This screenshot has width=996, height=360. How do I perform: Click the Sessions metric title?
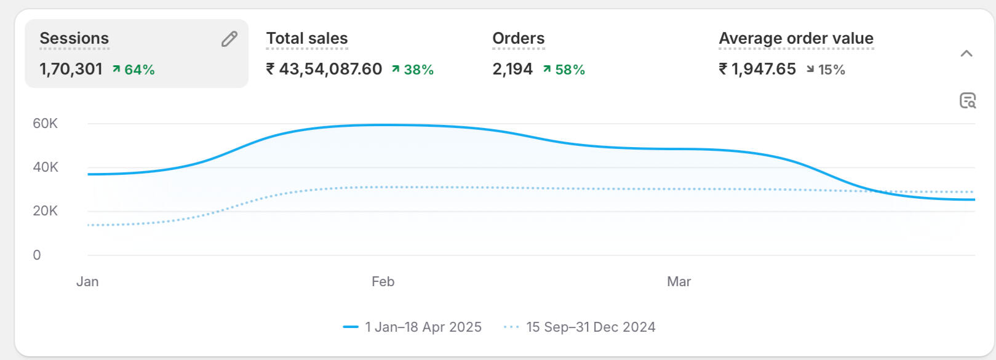point(74,38)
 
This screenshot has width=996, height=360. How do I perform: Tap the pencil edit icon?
point(229,39)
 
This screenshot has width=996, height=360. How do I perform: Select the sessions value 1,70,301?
point(71,69)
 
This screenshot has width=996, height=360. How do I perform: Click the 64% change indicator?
point(133,70)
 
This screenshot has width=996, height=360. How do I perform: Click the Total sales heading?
point(306,38)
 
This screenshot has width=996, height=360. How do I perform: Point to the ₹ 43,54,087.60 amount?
point(324,69)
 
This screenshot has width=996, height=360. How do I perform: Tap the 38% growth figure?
point(413,70)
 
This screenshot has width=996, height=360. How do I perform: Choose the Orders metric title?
point(518,38)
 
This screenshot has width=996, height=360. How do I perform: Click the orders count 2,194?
point(512,69)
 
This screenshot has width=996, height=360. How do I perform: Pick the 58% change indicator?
point(564,70)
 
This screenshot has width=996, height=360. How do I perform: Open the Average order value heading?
point(795,38)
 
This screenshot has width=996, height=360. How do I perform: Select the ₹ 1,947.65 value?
point(757,69)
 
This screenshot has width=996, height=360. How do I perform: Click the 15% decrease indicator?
point(826,70)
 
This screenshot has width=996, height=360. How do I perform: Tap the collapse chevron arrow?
point(966,54)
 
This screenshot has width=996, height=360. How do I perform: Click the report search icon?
point(968,100)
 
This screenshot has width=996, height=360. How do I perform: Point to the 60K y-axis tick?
point(45,124)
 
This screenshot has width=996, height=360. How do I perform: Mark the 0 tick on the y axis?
point(37,255)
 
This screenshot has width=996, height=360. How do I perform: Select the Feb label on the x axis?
point(383,282)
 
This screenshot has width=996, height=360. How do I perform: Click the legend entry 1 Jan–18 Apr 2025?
point(413,327)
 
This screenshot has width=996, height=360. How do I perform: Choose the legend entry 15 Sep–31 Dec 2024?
point(580,327)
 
